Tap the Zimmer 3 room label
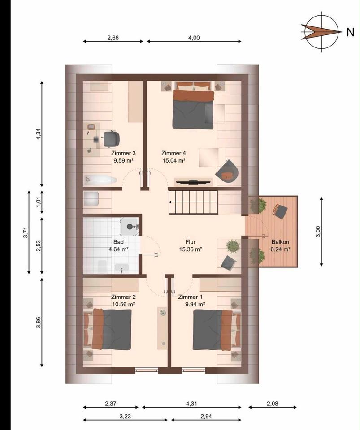[123, 153]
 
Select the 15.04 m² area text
[174, 161]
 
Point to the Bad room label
[118, 242]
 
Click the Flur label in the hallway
[191, 242]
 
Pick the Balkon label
[281, 242]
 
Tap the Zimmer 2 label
[123, 297]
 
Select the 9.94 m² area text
[195, 305]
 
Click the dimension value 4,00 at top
[194, 38]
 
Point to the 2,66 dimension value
[113, 38]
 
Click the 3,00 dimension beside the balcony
[318, 232]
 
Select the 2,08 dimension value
[273, 404]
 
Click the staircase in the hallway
[193, 202]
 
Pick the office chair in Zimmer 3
[111, 139]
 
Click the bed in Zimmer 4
[193, 105]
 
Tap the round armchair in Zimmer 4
[227, 172]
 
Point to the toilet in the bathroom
[102, 266]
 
